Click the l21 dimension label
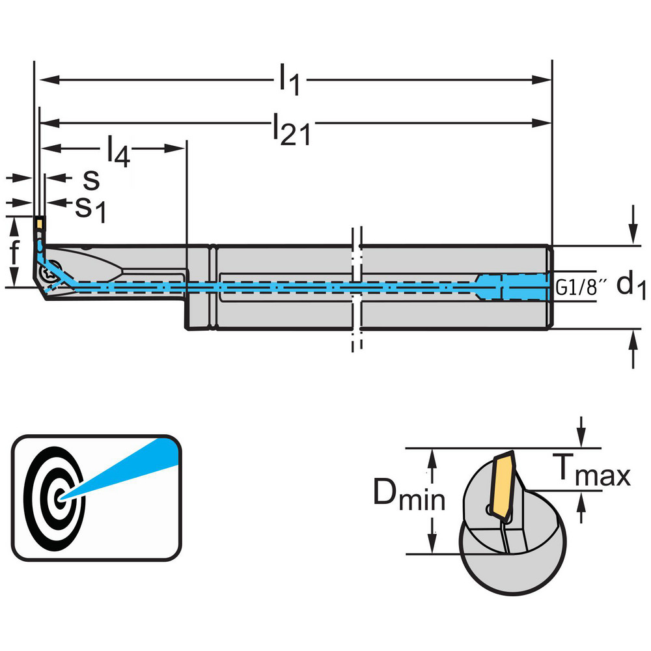290,127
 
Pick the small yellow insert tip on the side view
40,224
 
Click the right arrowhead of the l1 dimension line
546,80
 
